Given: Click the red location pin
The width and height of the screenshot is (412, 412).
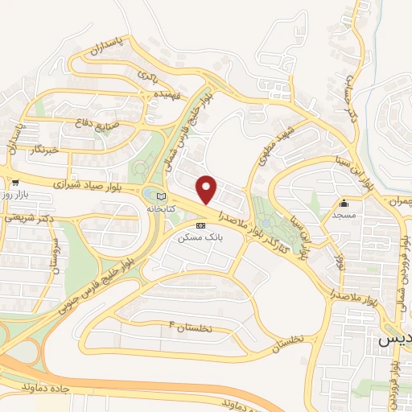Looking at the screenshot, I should pos(207,188).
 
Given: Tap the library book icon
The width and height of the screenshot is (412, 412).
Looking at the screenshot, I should pos(161,196).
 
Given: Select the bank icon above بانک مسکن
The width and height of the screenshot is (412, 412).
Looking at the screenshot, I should pos(200,225).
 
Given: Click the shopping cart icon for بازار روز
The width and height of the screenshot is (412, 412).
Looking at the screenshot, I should pos(15,183).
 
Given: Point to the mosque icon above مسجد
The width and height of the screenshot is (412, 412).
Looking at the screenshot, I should pos(344,203).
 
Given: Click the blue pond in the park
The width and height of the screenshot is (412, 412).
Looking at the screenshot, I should pos(266,223).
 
